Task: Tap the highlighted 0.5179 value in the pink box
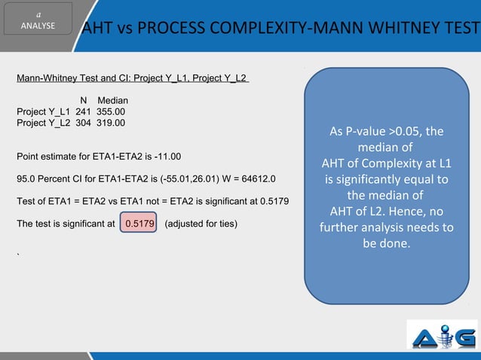pos(139,224)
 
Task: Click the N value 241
pos(84,111)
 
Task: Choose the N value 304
pos(84,123)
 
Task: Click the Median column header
pos(112,100)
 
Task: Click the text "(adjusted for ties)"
pos(201,224)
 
